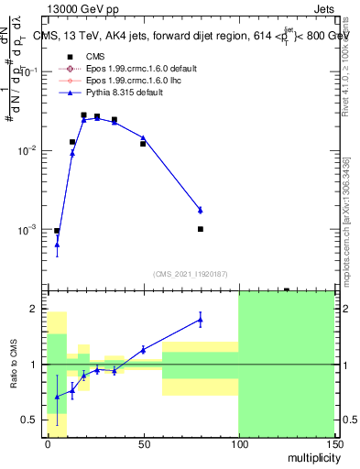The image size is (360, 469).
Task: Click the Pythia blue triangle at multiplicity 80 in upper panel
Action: pyautogui.click(x=201, y=210)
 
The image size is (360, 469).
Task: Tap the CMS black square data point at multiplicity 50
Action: pyautogui.click(x=143, y=144)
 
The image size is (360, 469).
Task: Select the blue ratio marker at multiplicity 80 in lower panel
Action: pyautogui.click(x=201, y=319)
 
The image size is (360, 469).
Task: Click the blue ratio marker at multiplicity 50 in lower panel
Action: pyautogui.click(x=143, y=349)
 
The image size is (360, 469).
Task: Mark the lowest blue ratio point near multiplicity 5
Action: pyautogui.click(x=57, y=397)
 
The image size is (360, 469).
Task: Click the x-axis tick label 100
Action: pyautogui.click(x=238, y=442)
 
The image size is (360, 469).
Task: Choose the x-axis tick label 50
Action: pyautogui.click(x=143, y=442)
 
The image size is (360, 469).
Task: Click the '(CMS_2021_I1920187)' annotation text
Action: pyautogui.click(x=191, y=273)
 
